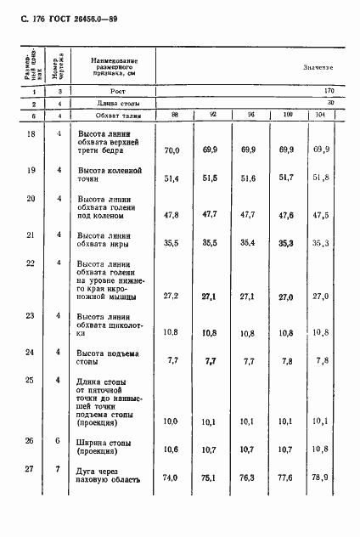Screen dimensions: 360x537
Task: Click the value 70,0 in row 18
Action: pyautogui.click(x=172, y=150)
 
